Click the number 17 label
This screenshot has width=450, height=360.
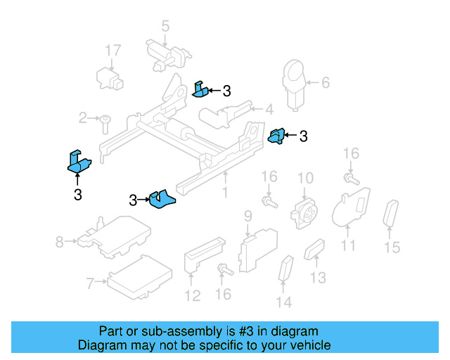tap(113, 51)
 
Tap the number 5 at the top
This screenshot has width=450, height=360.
tap(165, 27)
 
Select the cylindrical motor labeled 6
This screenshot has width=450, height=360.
tap(294, 83)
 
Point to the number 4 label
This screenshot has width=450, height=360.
tap(269, 109)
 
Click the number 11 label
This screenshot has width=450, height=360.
tap(349, 245)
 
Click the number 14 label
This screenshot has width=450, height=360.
tap(283, 303)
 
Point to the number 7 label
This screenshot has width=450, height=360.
tap(90, 284)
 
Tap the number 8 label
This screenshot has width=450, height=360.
tap(59, 243)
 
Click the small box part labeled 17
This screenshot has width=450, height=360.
tap(109, 76)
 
